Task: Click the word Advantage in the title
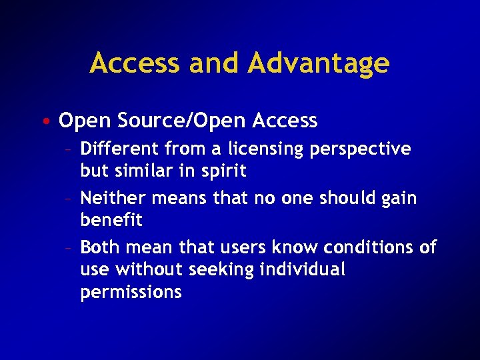click(x=319, y=63)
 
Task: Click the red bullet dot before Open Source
click(x=51, y=122)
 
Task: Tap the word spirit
click(x=225, y=171)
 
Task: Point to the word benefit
click(x=111, y=220)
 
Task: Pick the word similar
click(x=147, y=171)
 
